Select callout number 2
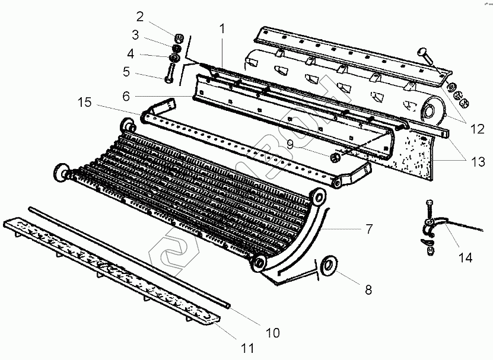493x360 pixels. (x=140, y=15)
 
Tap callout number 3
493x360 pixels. (x=136, y=34)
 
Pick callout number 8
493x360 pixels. (x=368, y=290)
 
